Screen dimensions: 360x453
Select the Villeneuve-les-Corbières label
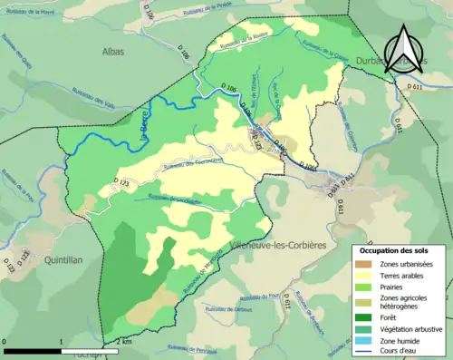272,245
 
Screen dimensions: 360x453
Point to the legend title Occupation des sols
398,250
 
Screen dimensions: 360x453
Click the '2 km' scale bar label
124,341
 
